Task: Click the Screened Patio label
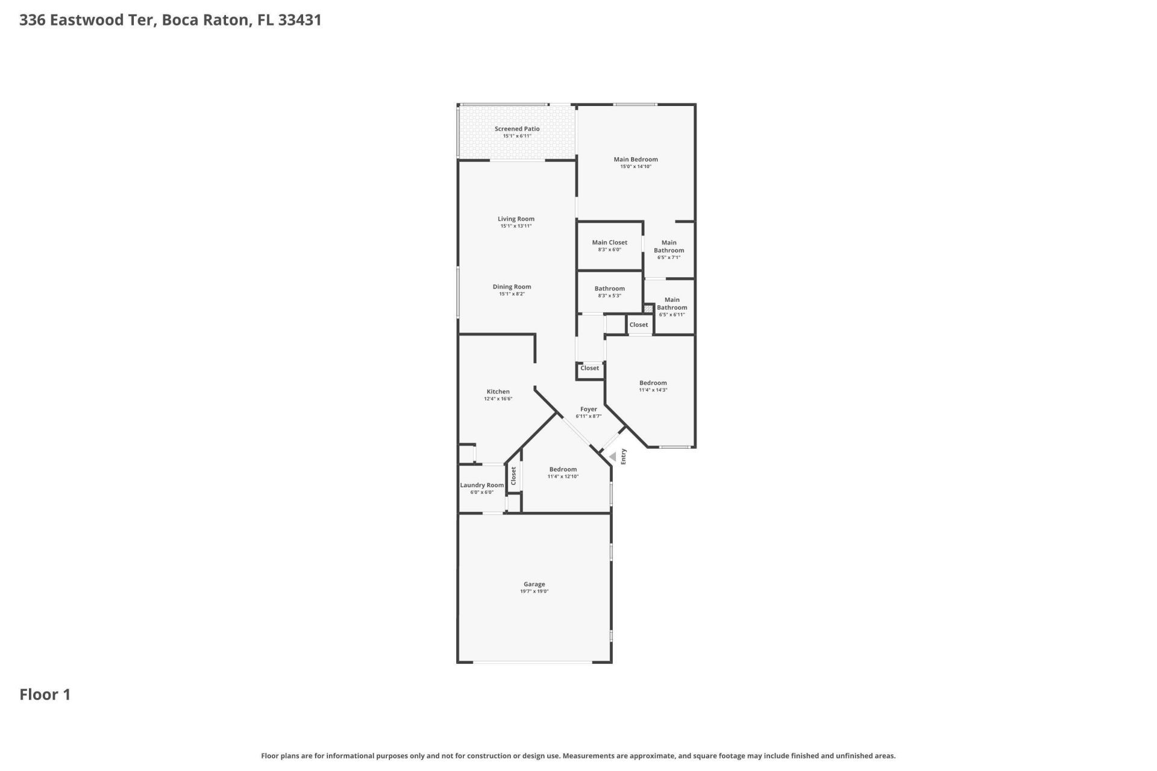pos(516,129)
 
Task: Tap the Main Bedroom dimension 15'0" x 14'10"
pos(636,167)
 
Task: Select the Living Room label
pos(516,219)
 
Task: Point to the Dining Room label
pos(512,287)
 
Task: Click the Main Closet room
pos(609,245)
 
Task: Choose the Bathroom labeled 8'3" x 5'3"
pos(609,292)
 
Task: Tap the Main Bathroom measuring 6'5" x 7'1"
pos(668,249)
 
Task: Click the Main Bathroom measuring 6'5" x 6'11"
pos(671,307)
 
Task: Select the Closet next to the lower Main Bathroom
pos(638,325)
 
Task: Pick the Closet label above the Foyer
pos(589,368)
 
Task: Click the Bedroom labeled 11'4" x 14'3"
pos(653,385)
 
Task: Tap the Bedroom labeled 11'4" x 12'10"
pos(563,472)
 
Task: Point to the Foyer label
pos(588,410)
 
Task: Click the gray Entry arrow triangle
pos(613,457)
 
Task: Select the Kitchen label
pos(498,392)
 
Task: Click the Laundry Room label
pos(481,485)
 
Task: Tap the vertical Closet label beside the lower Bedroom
pos(513,476)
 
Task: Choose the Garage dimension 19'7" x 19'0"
pos(534,592)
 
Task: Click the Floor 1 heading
pos(45,695)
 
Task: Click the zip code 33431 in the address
pos(299,20)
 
